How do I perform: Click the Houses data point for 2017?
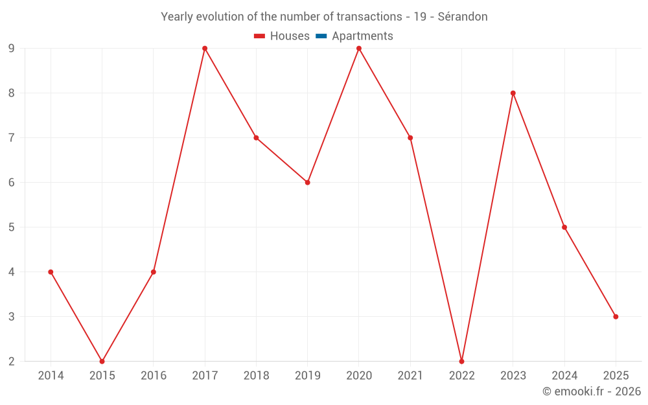point(205,49)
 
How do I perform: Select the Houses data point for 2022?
point(461,361)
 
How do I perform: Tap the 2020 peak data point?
point(359,49)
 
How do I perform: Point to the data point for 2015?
point(102,361)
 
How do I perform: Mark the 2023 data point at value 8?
point(513,93)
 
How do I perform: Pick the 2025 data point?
point(616,317)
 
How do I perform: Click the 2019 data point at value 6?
point(307,183)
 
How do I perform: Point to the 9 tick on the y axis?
point(12,49)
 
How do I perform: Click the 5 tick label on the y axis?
point(12,227)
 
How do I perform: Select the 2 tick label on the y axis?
point(12,362)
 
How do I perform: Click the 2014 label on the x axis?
point(51,376)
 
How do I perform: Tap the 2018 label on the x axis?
point(256,376)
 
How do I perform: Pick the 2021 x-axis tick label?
point(410,376)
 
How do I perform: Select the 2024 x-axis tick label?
point(564,376)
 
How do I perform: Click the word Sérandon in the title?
point(462,17)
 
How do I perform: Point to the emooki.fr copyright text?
point(591,391)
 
